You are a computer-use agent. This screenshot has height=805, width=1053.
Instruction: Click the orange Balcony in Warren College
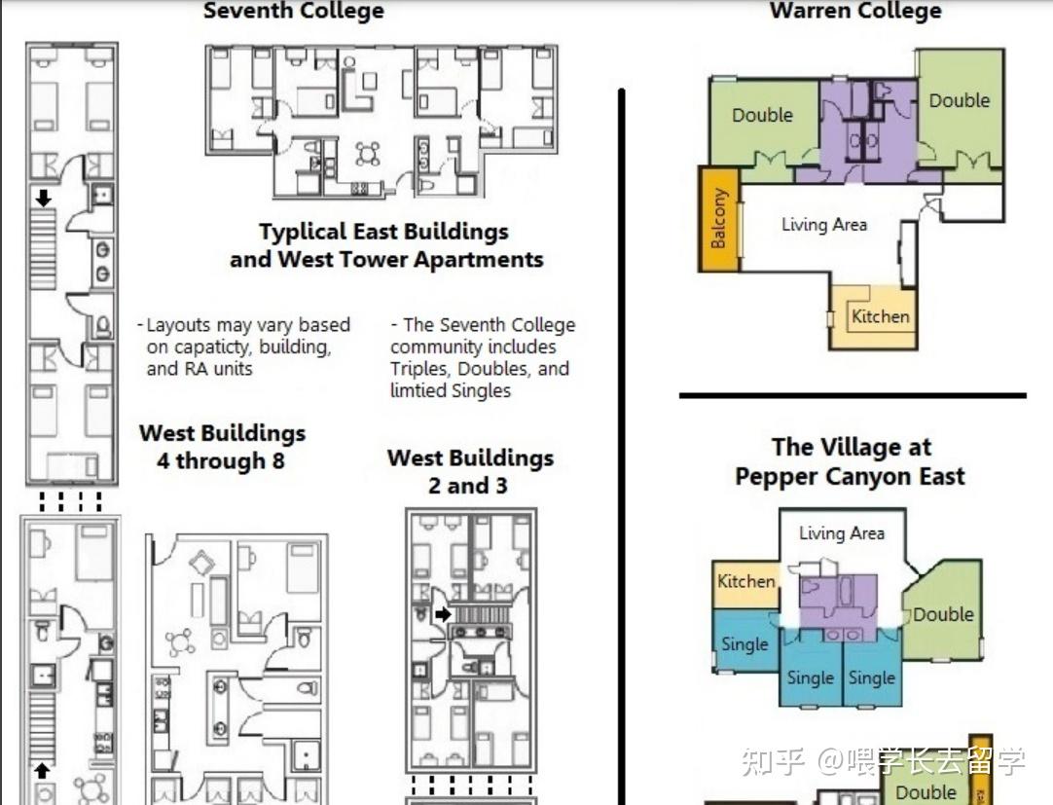click(719, 218)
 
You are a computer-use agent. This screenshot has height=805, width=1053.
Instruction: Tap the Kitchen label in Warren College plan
click(880, 316)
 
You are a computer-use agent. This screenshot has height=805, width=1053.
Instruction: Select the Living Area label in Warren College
click(824, 225)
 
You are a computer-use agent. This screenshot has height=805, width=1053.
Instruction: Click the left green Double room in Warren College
click(764, 124)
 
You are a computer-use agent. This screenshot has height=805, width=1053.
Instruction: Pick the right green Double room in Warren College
click(961, 111)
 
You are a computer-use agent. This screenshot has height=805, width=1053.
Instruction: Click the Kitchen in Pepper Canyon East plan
click(745, 584)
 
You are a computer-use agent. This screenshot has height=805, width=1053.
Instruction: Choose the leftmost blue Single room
click(745, 640)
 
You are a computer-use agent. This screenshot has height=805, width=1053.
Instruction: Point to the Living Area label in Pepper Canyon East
click(842, 533)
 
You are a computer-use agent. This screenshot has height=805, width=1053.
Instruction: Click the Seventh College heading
click(294, 10)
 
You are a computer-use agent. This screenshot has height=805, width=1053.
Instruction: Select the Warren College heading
click(855, 10)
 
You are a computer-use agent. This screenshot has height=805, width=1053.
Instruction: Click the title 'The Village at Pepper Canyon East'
click(851, 461)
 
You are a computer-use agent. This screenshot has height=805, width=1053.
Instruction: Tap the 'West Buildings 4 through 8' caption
click(222, 447)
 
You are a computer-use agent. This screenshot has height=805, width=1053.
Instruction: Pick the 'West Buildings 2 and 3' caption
click(470, 471)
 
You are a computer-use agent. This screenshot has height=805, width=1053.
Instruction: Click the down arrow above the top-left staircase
click(43, 198)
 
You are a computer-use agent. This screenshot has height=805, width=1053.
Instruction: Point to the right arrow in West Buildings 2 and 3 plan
click(443, 613)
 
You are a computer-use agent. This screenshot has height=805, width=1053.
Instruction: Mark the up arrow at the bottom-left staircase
click(42, 770)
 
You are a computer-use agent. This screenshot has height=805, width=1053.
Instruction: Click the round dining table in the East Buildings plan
click(367, 154)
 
